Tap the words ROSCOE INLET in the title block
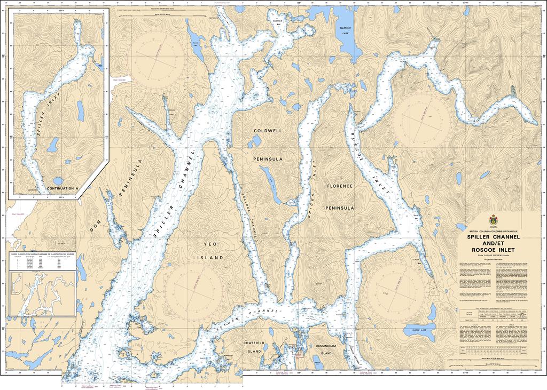click(x=491, y=249)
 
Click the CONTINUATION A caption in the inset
click(x=62, y=189)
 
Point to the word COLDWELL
click(x=268, y=130)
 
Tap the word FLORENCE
click(x=340, y=186)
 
